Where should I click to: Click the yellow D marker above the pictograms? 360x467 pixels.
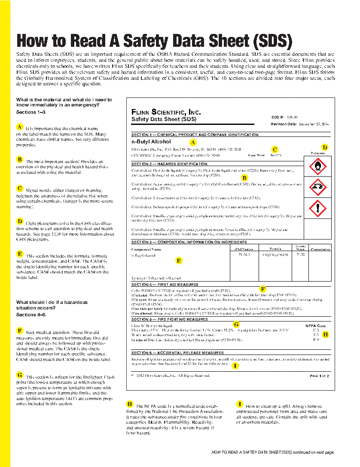click(325, 147)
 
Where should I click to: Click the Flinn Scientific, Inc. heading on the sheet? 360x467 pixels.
click(166, 112)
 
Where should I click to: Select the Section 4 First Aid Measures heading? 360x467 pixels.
click(165, 285)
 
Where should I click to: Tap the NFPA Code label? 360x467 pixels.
click(316, 326)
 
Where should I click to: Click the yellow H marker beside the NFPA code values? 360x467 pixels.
click(325, 334)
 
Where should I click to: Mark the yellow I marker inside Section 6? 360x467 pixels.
click(235, 366)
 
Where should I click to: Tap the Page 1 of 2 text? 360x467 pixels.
click(319, 376)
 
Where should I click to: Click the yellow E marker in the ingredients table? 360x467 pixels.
click(179, 260)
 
